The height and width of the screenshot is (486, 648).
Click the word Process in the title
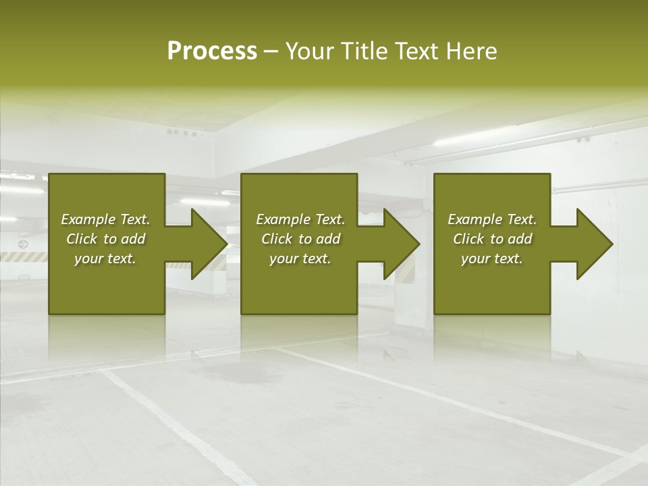pos(212,51)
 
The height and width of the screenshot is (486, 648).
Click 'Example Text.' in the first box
pos(105,219)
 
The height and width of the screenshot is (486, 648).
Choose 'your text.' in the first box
pos(105,259)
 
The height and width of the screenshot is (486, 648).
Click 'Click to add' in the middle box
pos(300,239)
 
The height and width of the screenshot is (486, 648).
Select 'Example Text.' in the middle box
pos(300,219)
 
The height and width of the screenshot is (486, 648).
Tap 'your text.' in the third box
pos(492,259)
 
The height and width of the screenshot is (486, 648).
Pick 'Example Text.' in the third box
pos(492,219)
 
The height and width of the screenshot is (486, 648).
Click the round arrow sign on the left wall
pos(23,244)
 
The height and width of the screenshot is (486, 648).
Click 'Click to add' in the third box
pos(492,239)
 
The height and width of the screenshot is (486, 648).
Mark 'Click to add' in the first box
pos(105,239)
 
